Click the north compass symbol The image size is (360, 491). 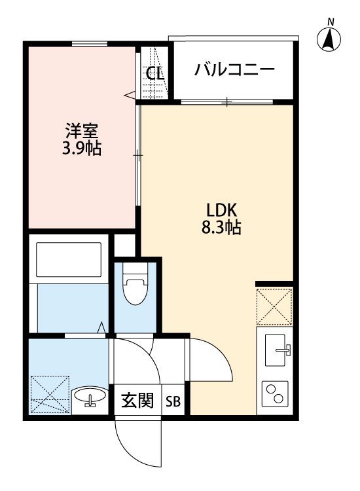(x=331, y=40)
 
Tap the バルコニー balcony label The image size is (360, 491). (x=234, y=70)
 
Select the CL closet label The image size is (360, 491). (x=155, y=73)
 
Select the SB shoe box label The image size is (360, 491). (x=174, y=401)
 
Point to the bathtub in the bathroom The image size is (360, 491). (x=69, y=259)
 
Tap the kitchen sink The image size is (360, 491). (x=276, y=352)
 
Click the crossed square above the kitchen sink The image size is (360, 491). (x=274, y=306)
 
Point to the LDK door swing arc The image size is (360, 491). (x=209, y=363)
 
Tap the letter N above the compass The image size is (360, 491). (x=331, y=22)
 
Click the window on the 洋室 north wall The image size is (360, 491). (x=89, y=45)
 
